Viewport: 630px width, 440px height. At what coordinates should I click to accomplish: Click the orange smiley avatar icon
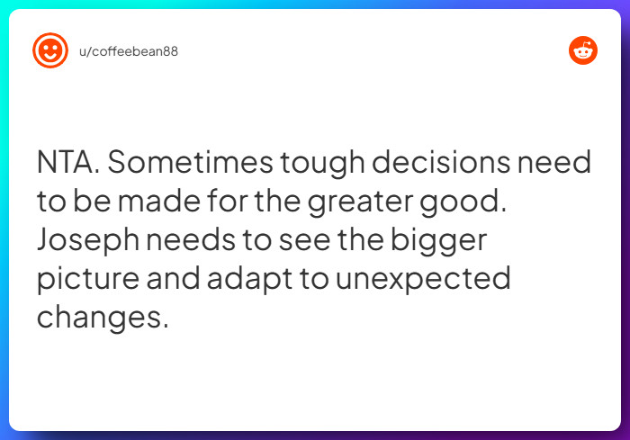pyautogui.click(x=50, y=50)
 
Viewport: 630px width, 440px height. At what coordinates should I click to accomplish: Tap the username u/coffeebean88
pyautogui.click(x=129, y=51)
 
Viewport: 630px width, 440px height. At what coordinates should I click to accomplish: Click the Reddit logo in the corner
pyautogui.click(x=583, y=51)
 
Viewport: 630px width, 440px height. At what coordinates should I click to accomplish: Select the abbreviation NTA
pyautogui.click(x=69, y=164)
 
